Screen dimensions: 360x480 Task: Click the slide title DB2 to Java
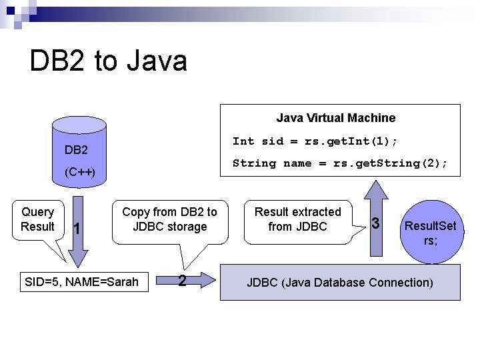109,61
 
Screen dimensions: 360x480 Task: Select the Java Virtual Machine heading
335,118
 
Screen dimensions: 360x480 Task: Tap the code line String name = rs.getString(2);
339,163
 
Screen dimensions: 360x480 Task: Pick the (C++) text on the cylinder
81,173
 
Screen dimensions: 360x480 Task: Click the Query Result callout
37,219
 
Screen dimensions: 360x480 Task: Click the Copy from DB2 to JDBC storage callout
169,219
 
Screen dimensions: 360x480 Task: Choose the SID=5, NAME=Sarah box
81,282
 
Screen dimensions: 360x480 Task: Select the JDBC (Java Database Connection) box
340,282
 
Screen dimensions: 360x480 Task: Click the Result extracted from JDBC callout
297,219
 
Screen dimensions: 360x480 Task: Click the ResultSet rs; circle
430,233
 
